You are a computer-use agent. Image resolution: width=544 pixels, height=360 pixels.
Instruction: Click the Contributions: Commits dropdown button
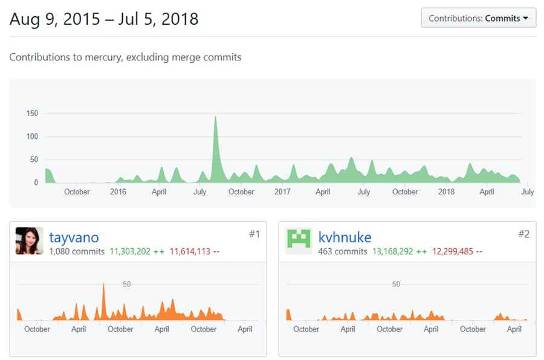click(478, 18)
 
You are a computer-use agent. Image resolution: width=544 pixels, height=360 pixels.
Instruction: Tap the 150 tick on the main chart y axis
click(32, 113)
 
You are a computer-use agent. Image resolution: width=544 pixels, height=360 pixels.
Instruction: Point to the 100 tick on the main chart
click(32, 137)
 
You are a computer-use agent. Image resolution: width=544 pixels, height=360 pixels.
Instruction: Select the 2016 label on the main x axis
click(118, 192)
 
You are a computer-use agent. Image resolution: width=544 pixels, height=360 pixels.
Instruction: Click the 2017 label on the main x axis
click(282, 192)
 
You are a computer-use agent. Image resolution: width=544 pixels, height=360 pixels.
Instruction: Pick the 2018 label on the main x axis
click(446, 192)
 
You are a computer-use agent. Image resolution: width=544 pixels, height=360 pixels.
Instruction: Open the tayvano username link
click(74, 237)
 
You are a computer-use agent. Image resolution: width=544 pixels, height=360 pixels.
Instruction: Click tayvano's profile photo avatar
click(29, 241)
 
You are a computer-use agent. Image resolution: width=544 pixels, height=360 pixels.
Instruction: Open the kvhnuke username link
click(345, 237)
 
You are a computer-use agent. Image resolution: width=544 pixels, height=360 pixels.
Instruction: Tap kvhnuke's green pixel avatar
click(299, 241)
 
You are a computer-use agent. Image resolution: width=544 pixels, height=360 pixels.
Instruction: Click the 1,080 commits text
click(77, 251)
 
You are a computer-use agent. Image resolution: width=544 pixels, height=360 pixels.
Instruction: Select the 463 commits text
click(343, 251)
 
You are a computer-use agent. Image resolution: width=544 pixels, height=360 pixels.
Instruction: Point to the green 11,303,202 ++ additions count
click(137, 251)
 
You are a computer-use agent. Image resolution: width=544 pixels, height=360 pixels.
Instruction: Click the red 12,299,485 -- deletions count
click(458, 251)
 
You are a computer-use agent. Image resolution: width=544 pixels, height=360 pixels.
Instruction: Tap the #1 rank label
click(254, 234)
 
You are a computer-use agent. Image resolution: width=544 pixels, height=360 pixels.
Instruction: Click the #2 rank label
click(523, 234)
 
